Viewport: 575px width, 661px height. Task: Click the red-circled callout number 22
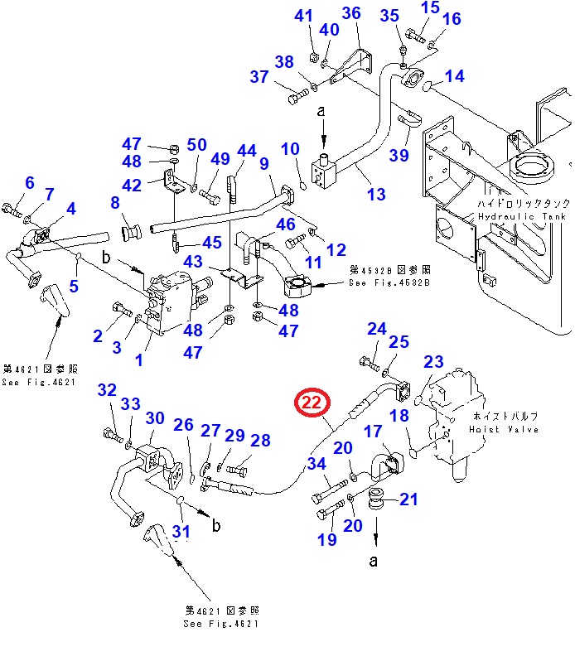pyautogui.click(x=312, y=403)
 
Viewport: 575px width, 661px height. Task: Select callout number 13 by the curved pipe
pyautogui.click(x=376, y=194)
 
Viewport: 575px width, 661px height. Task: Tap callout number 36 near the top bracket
pyautogui.click(x=351, y=12)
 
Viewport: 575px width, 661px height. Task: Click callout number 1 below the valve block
pyautogui.click(x=138, y=360)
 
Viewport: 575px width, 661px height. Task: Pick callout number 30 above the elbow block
pyautogui.click(x=156, y=419)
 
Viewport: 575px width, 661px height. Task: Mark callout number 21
pyautogui.click(x=409, y=499)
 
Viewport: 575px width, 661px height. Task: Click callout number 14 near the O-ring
pyautogui.click(x=454, y=77)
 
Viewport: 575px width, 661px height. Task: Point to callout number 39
pyautogui.click(x=400, y=157)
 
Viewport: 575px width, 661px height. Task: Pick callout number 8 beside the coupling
pyautogui.click(x=115, y=202)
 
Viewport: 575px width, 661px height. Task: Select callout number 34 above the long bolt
pyautogui.click(x=316, y=464)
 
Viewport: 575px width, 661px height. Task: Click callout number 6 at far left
pyautogui.click(x=30, y=182)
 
